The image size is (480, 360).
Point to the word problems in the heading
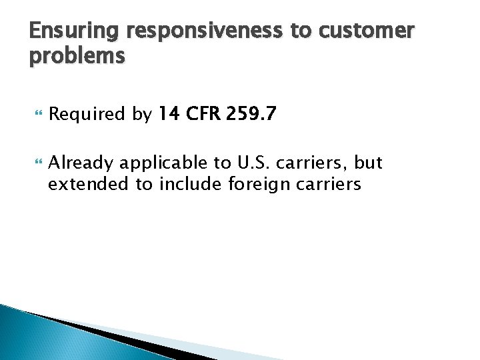(x=77, y=56)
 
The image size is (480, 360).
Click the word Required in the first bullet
(x=87, y=115)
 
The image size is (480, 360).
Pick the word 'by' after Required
(x=142, y=115)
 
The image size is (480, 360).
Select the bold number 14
(x=170, y=115)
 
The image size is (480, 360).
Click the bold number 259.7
(x=251, y=115)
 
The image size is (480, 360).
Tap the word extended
(x=90, y=183)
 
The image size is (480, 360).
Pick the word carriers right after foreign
(x=328, y=183)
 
